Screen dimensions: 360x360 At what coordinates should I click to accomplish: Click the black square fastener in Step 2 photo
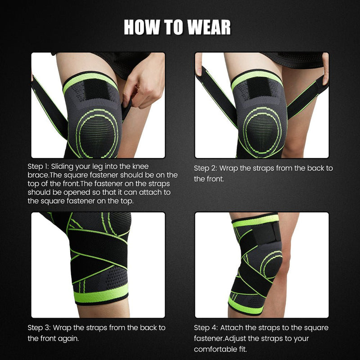(x=257, y=89)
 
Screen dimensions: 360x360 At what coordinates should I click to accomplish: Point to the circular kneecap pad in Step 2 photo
(x=259, y=128)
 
